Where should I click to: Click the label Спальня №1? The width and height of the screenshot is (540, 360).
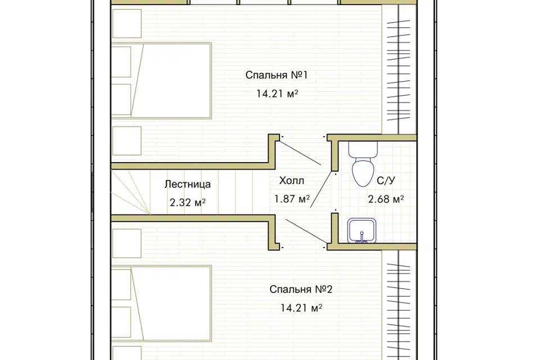[x=276, y=75]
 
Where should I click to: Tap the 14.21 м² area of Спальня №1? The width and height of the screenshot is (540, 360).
[x=277, y=93]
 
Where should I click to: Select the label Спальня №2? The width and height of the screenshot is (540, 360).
[x=300, y=289]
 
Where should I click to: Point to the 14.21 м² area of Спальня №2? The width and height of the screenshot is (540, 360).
[x=301, y=308]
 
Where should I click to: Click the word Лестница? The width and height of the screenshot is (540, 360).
[x=187, y=184]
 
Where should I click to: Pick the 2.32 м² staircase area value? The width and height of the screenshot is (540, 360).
[x=188, y=202]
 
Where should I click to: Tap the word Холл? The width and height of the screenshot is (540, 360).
[x=292, y=181]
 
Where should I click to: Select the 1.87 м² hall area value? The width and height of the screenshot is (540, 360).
[x=292, y=199]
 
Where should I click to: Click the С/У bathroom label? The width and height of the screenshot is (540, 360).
[x=386, y=181]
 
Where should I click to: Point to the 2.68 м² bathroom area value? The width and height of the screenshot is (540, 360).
[x=386, y=199]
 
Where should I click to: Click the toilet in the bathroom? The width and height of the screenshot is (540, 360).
[x=363, y=164]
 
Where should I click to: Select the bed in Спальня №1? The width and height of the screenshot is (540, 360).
[x=161, y=80]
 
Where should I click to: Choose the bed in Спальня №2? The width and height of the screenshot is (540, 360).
[x=161, y=304]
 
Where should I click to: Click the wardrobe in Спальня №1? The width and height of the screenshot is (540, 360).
[x=399, y=69]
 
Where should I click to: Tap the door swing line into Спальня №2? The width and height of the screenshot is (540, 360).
[x=306, y=231]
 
